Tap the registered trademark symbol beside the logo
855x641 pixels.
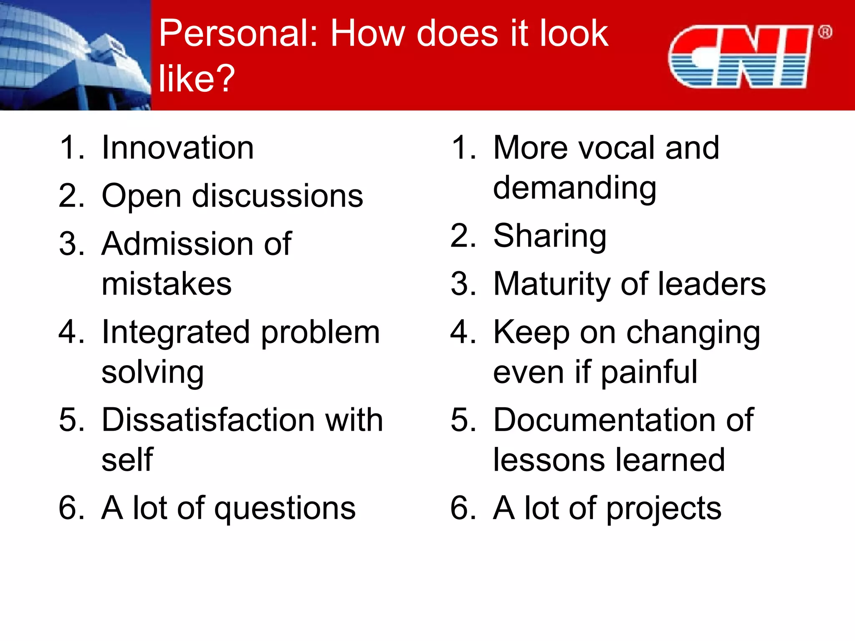[x=825, y=32]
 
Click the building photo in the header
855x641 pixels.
[x=75, y=55]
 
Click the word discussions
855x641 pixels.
[x=277, y=196]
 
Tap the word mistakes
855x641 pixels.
[x=166, y=284]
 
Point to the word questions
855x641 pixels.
[x=285, y=509]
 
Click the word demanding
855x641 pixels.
[x=574, y=189]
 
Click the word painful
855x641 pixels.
[x=649, y=373]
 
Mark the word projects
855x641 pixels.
[x=663, y=509]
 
